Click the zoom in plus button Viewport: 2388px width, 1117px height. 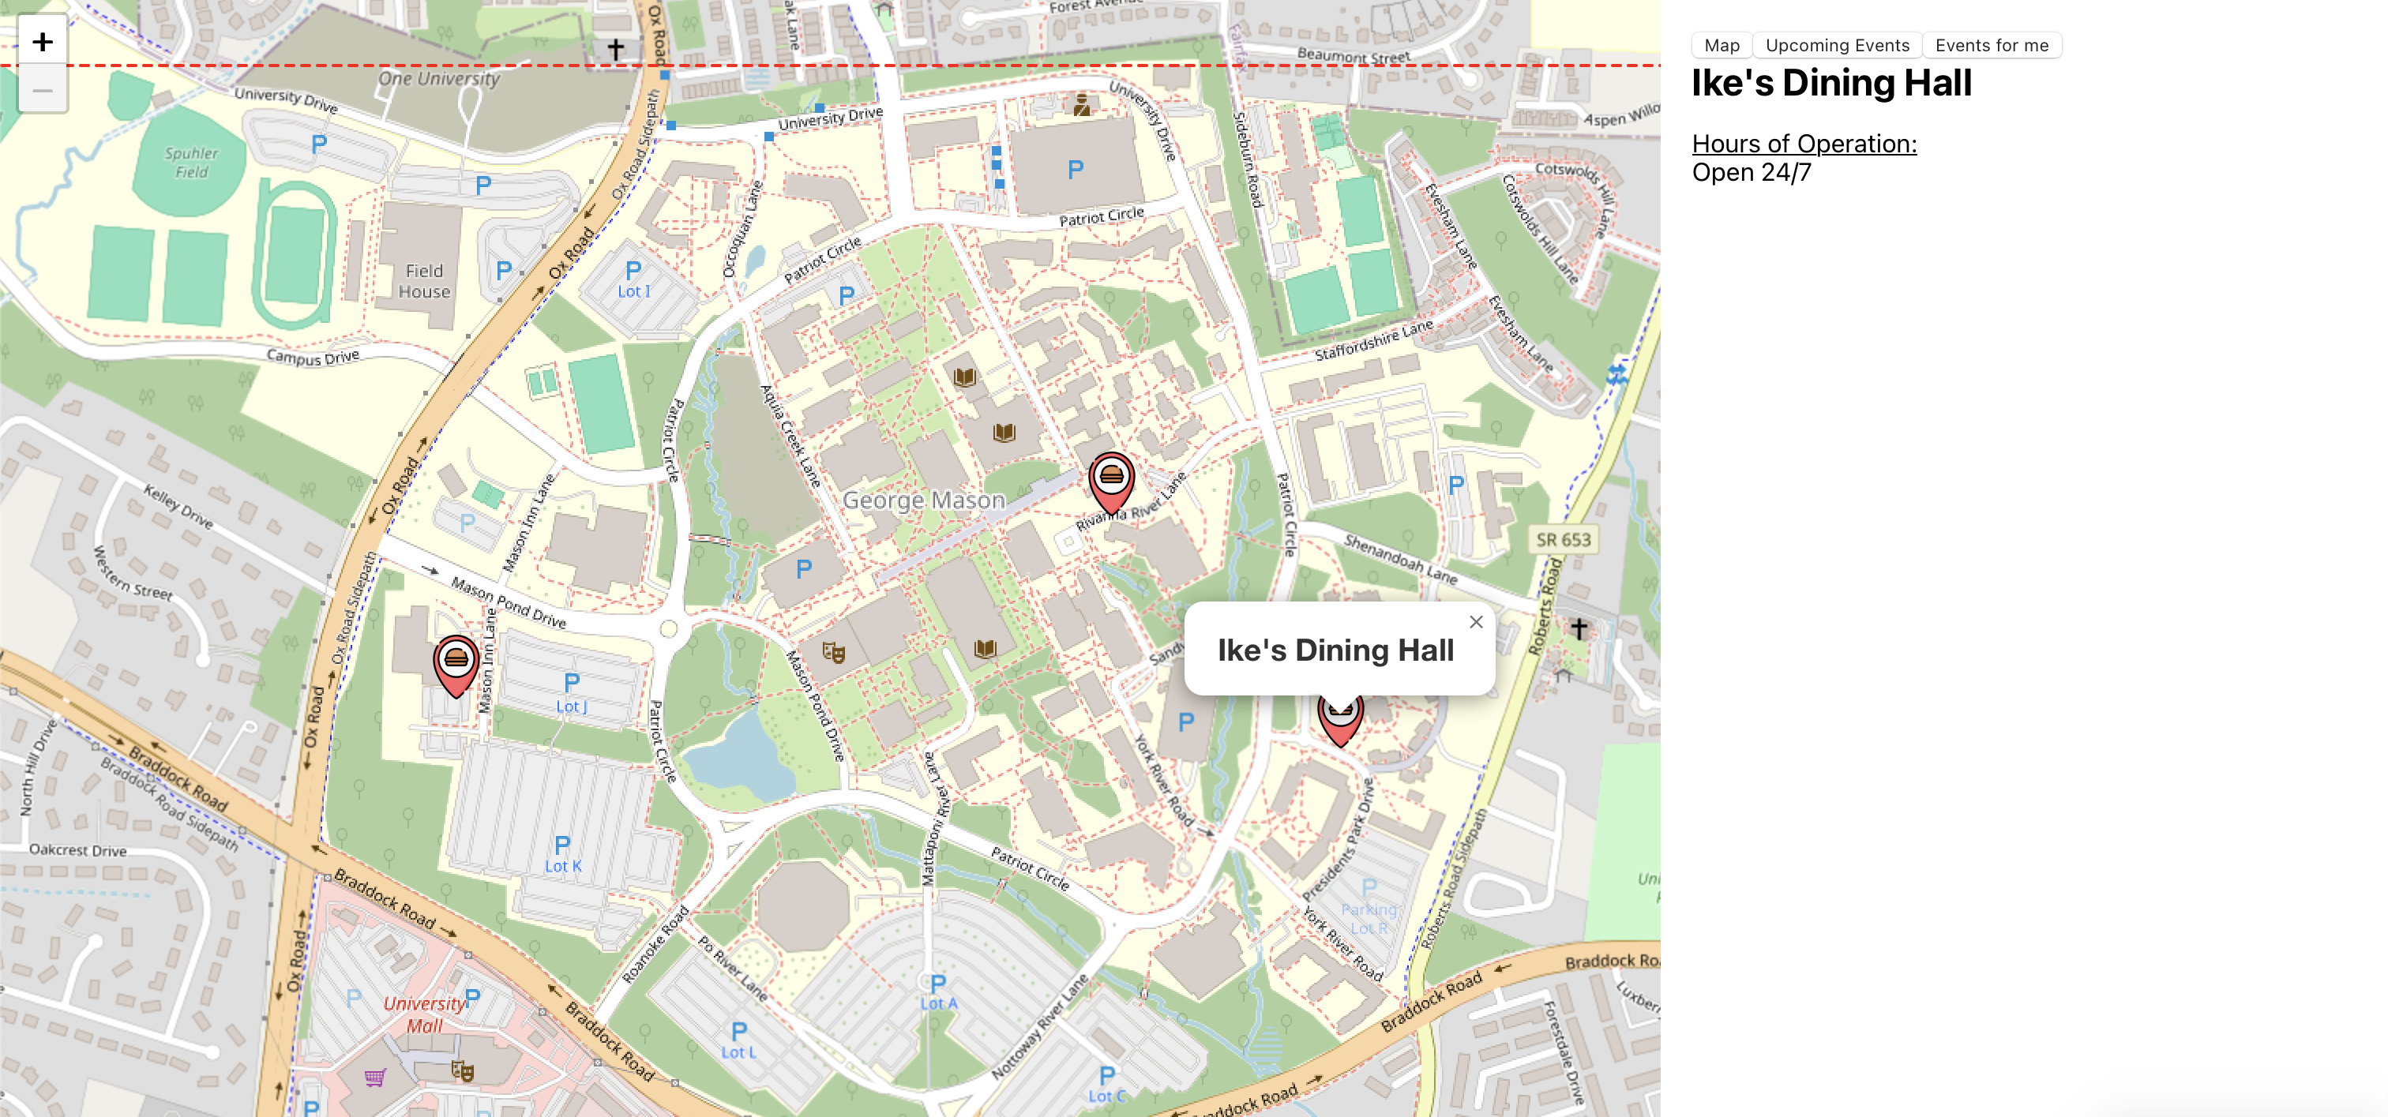coord(43,42)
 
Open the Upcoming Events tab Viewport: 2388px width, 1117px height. coord(1837,46)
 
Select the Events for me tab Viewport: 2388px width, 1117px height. coord(1992,46)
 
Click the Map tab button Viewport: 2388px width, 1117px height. coord(1722,46)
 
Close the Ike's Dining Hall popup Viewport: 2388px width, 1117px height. coord(1476,622)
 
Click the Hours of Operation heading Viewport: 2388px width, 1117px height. coord(1803,144)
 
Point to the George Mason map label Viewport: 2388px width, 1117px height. coord(923,500)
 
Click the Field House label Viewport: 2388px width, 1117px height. coord(425,281)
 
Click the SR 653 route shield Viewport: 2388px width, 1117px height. coord(1563,539)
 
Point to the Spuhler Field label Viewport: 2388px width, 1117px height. coord(192,162)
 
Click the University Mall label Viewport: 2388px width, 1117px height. coord(425,1014)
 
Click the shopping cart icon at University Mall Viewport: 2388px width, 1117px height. coord(374,1078)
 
